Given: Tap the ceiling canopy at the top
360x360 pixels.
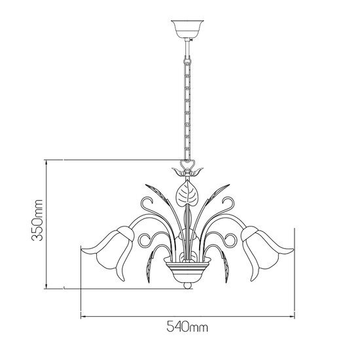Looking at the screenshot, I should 186,28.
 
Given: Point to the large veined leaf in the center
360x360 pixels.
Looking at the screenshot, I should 187,194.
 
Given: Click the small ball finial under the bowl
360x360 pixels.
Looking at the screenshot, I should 187,285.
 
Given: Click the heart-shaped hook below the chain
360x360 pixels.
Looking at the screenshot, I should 187,163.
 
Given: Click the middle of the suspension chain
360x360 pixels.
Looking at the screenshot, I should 186,98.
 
